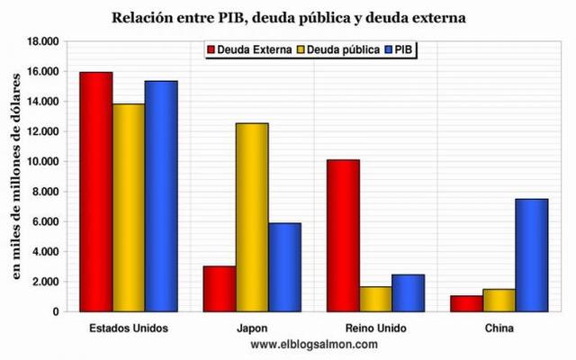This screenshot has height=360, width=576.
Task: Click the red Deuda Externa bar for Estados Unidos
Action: [x=95, y=192]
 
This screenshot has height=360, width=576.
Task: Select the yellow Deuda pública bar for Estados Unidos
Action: [x=129, y=208]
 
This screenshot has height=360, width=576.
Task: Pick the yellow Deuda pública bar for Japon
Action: [x=252, y=217]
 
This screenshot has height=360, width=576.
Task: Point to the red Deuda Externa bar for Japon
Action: [x=220, y=289]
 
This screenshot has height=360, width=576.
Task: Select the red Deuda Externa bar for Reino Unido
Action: [x=343, y=236]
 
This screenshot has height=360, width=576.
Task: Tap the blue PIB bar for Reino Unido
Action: [x=408, y=292]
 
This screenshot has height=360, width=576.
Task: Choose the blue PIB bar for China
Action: [x=531, y=255]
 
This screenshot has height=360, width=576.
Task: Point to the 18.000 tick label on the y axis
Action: [x=42, y=41]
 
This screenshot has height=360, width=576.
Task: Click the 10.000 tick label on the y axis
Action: [x=42, y=162]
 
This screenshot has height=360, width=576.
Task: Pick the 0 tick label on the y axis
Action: [x=55, y=311]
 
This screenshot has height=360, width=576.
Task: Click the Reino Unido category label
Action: [x=375, y=328]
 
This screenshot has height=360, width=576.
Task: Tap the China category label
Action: [x=498, y=328]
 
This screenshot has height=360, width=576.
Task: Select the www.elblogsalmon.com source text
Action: [x=314, y=344]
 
